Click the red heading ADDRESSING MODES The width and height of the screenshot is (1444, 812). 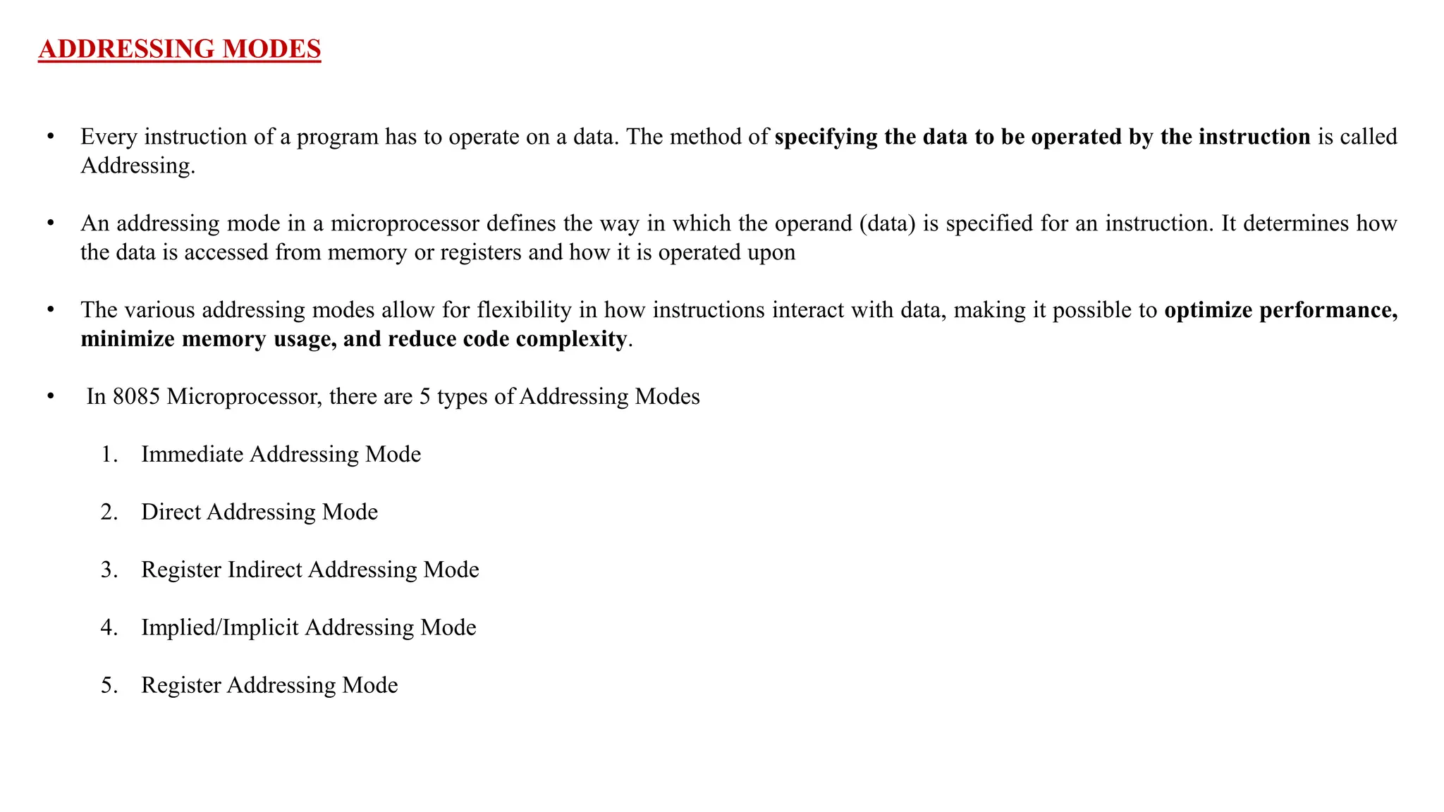coord(180,49)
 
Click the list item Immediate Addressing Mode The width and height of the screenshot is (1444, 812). coord(281,455)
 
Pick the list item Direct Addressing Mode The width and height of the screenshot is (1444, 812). coord(259,512)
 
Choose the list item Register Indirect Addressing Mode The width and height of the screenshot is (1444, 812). coord(310,570)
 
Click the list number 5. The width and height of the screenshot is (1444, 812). coord(108,686)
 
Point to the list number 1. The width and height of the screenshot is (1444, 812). coord(108,455)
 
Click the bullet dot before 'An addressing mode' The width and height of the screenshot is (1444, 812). coord(51,223)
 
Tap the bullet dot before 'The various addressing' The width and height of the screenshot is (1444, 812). coord(51,310)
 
